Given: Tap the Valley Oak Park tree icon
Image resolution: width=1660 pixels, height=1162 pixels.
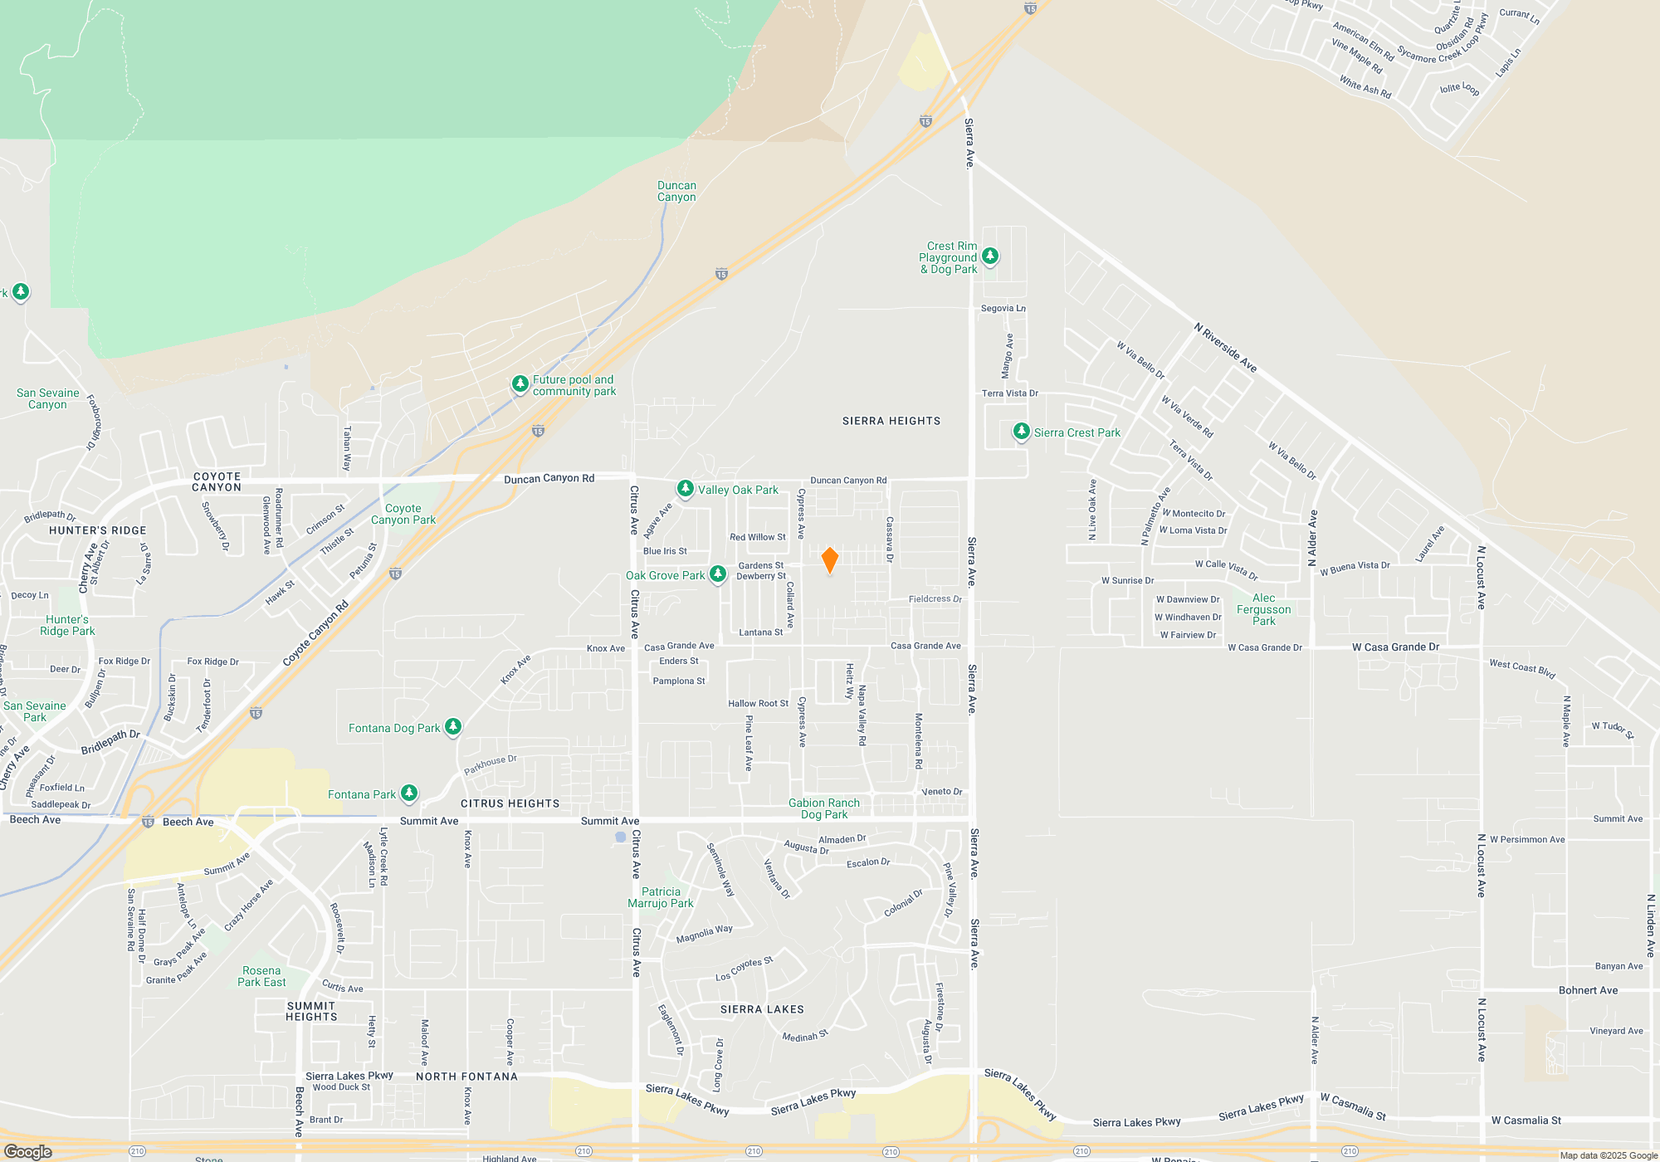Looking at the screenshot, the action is [x=686, y=489].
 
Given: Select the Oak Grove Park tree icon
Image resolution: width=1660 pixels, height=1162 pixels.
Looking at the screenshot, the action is [x=719, y=574].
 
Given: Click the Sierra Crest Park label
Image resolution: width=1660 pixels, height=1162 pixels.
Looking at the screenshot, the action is [x=1077, y=432].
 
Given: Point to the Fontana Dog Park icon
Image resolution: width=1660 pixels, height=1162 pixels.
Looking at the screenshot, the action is [x=452, y=727].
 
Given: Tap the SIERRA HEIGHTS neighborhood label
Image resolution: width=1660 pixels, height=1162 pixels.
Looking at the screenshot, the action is [x=891, y=421].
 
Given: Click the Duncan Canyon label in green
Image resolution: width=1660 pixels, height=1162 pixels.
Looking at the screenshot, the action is [x=676, y=192].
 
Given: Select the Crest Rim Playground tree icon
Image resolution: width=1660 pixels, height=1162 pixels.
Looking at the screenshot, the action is [x=990, y=256].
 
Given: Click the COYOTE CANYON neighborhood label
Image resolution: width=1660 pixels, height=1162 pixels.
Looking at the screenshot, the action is [x=217, y=482].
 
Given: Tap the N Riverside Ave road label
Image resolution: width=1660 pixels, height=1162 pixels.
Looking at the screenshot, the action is [x=1225, y=348].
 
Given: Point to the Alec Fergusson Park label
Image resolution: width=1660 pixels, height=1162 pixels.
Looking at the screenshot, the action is [x=1263, y=609].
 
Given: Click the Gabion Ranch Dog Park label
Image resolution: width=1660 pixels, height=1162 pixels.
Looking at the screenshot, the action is [x=823, y=808].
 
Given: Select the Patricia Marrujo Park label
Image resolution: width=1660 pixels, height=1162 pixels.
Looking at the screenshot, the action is [x=661, y=897].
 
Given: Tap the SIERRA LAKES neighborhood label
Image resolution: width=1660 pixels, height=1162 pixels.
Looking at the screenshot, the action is [x=762, y=1009].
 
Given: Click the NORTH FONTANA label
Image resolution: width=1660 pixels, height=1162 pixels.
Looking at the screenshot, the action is [x=466, y=1077].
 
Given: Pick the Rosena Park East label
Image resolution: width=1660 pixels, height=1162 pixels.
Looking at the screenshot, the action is [x=261, y=976].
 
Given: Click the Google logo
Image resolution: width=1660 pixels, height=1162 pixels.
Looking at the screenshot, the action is [x=28, y=1152].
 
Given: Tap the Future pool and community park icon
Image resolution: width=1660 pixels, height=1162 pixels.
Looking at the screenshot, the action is [x=520, y=383].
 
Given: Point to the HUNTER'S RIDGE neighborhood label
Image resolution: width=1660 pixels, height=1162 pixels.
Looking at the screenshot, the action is [x=97, y=530].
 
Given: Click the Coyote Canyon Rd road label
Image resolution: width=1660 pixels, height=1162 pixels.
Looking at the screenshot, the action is [x=315, y=633].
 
